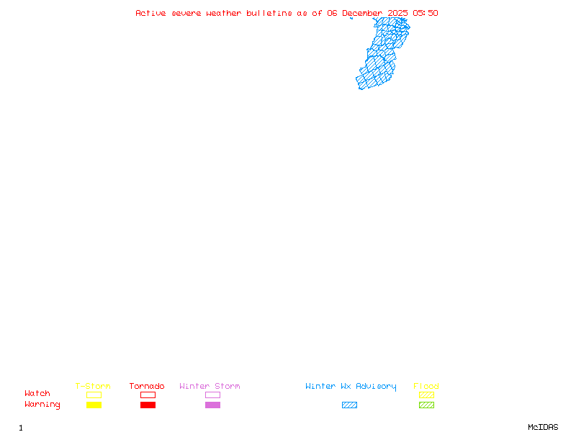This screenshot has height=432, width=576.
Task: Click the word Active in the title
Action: pyautogui.click(x=150, y=13)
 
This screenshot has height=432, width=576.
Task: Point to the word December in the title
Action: pyautogui.click(x=362, y=13)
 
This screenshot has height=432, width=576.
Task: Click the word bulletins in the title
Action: pyautogui.click(x=269, y=13)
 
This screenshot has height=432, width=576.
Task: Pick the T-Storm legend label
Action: pyautogui.click(x=93, y=386)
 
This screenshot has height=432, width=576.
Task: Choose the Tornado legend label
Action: pyautogui.click(x=147, y=386)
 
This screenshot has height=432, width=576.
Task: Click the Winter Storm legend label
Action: pyautogui.click(x=210, y=386)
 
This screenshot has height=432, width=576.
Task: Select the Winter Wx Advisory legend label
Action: pyautogui.click(x=351, y=386)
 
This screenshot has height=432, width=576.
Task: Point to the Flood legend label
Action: pyautogui.click(x=426, y=386)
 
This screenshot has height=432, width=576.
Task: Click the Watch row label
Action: pyautogui.click(x=37, y=394)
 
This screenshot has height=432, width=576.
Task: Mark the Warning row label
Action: pyautogui.click(x=42, y=405)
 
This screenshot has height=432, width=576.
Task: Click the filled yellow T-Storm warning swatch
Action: pyautogui.click(x=94, y=405)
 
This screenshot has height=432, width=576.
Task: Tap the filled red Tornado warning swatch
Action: pyautogui.click(x=148, y=405)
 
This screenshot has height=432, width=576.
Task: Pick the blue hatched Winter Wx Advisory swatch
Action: pyautogui.click(x=349, y=405)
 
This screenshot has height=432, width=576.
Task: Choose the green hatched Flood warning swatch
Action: pyautogui.click(x=426, y=405)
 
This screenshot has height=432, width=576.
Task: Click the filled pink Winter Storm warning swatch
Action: pyautogui.click(x=212, y=405)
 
